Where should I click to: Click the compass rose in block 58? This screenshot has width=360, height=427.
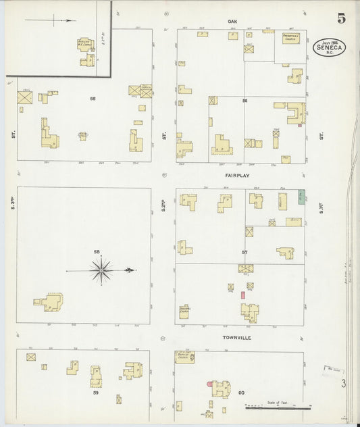101,270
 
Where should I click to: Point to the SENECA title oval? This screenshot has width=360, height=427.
329,47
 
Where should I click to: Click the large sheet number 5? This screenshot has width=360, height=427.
342,18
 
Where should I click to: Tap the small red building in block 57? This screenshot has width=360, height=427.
242,295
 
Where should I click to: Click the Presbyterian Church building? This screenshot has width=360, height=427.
290,39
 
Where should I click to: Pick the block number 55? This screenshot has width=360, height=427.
93,99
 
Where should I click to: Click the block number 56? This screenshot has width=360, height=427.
245,100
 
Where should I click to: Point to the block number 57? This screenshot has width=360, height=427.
245,253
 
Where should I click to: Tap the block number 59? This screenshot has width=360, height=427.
96,393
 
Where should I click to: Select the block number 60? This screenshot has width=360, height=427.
240,393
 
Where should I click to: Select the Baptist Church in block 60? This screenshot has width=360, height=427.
184,356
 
